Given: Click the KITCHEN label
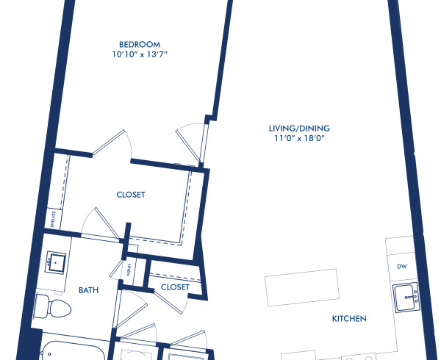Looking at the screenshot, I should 349,319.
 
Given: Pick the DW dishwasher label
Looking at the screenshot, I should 401,266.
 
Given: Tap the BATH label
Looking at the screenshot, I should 89,290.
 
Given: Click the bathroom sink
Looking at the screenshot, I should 57,261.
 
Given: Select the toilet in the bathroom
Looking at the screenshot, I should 46,303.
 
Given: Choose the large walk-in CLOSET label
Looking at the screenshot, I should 131,195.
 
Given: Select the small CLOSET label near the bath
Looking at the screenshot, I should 175,287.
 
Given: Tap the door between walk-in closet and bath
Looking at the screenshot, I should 98,223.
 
